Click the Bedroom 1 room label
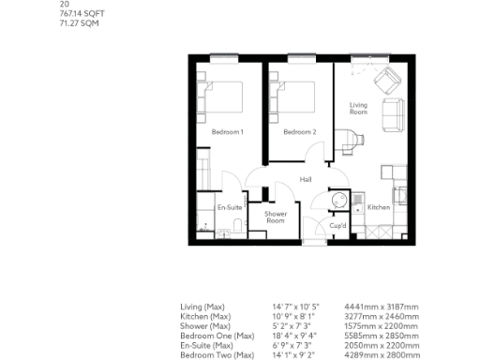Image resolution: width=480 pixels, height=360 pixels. tap(227, 132)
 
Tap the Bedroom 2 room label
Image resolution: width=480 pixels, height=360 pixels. tap(300, 132)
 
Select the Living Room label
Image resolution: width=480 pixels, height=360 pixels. tap(358, 109)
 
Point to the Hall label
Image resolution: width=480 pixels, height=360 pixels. tap(306, 179)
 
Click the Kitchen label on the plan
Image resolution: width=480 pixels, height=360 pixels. tap(378, 206)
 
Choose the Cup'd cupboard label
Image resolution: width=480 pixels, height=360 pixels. tap(338, 226)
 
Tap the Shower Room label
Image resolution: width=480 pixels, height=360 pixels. tap(276, 217)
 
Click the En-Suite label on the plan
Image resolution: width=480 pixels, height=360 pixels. tap(230, 206)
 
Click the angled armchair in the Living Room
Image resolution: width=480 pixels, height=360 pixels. tap(387, 82)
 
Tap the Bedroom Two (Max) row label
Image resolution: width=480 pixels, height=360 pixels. tap(217, 354)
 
